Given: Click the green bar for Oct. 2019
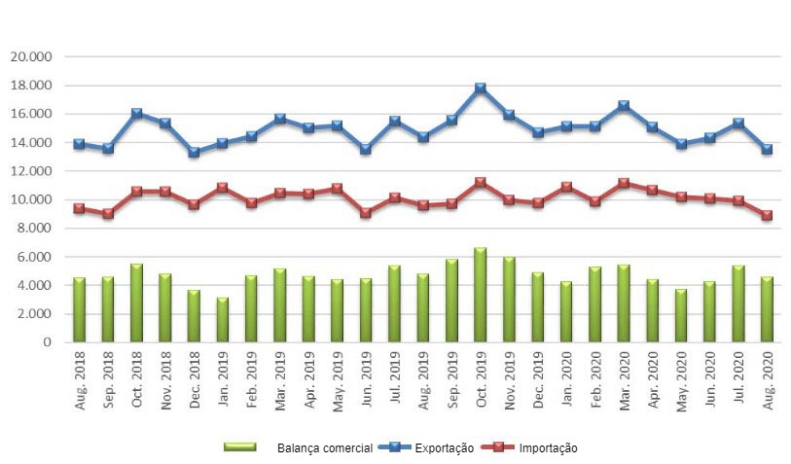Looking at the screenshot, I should coord(480,295).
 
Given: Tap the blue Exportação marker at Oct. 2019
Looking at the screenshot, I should coord(480,89).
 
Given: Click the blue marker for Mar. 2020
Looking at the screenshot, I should coord(624,106).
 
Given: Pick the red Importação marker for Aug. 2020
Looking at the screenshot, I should coord(767,215).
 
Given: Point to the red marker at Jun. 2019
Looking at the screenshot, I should coord(365,212).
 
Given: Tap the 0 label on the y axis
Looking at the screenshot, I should coord(46,342).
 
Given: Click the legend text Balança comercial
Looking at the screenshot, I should coord(323,447).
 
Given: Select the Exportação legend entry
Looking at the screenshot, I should coord(445,447).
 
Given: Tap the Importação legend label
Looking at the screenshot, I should coord(548,447).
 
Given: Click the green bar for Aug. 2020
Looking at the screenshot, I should coord(767,309).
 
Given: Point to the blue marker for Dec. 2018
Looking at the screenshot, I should coord(194,152).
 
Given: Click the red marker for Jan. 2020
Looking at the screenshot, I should coord(566,187).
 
